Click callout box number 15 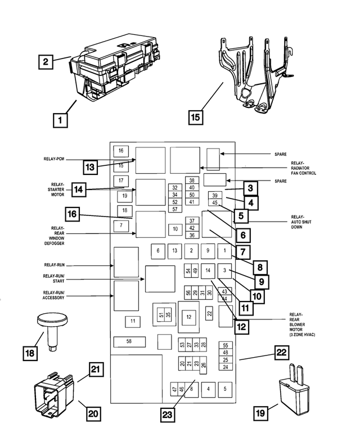tap(196, 117)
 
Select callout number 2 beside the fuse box tap(46, 62)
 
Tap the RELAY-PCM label tap(54, 159)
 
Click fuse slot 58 tap(129, 342)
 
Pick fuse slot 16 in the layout tap(121, 151)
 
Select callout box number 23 tap(167, 415)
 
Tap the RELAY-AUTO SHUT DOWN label tap(301, 222)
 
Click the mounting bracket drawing tap(255, 75)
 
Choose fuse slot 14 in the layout tap(208, 271)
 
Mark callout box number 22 tap(281, 353)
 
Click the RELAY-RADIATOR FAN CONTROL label tap(303, 168)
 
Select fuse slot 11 tap(133, 322)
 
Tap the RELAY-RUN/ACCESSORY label tap(53, 295)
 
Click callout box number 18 tap(30, 353)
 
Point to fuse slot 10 tap(175, 229)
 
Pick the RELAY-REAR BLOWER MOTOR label tap(302, 325)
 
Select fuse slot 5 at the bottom tap(225, 389)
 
